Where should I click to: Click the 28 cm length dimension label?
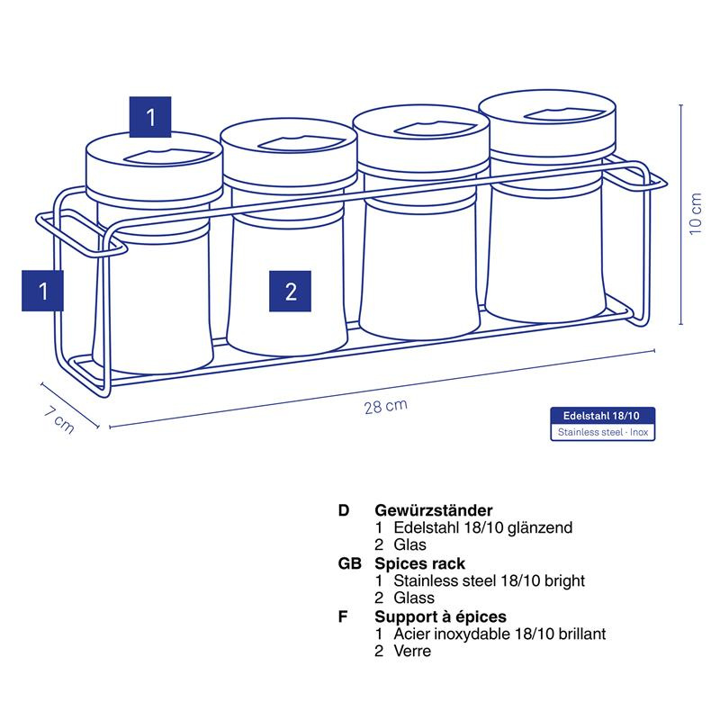[x=386, y=407]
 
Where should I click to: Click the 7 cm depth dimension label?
[x=59, y=419]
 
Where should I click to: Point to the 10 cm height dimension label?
[x=696, y=213]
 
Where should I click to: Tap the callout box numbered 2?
[x=290, y=291]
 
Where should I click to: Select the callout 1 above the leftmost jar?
[x=150, y=117]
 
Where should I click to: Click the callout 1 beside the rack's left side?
[x=42, y=291]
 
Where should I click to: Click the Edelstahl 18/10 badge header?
[x=602, y=416]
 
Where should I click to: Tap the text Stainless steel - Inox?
[x=603, y=432]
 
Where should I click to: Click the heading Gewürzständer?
[x=434, y=510]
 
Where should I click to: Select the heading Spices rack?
[x=419, y=563]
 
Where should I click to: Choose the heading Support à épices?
[x=440, y=616]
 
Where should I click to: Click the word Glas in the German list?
[x=409, y=544]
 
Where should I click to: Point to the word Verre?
[x=412, y=651]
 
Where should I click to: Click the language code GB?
[x=350, y=563]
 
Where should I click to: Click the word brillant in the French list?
[x=581, y=634]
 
